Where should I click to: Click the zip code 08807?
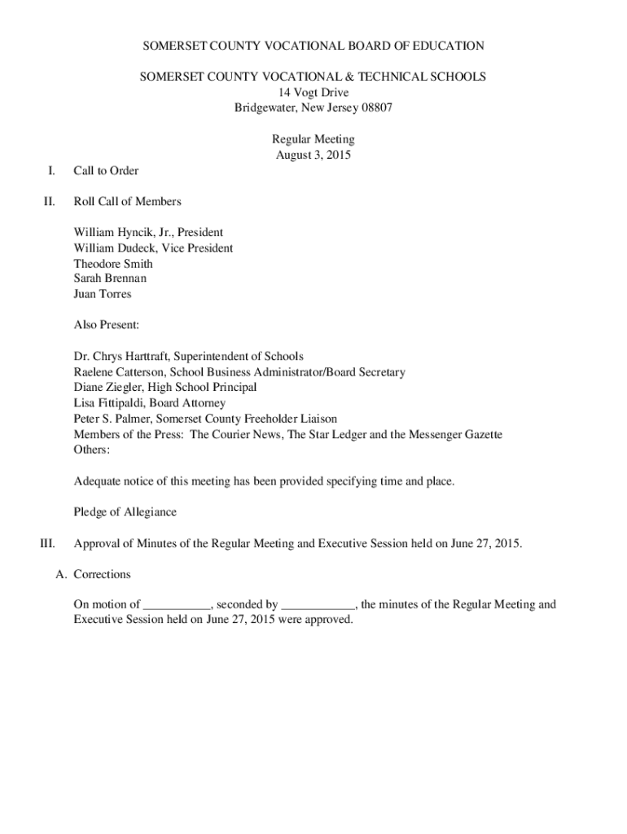point(375,108)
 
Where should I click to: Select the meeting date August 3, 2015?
point(313,155)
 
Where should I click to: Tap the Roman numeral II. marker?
point(50,201)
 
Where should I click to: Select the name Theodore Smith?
point(113,264)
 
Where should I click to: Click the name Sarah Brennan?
point(110,279)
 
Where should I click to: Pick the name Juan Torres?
point(102,294)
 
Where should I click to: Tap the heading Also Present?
point(107,325)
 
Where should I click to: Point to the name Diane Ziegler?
point(107,388)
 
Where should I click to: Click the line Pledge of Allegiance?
point(125,512)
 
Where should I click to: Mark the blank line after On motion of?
point(177,605)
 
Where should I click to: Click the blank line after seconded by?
point(318,605)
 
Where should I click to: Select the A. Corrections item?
point(93,574)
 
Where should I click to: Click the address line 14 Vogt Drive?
point(313,93)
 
